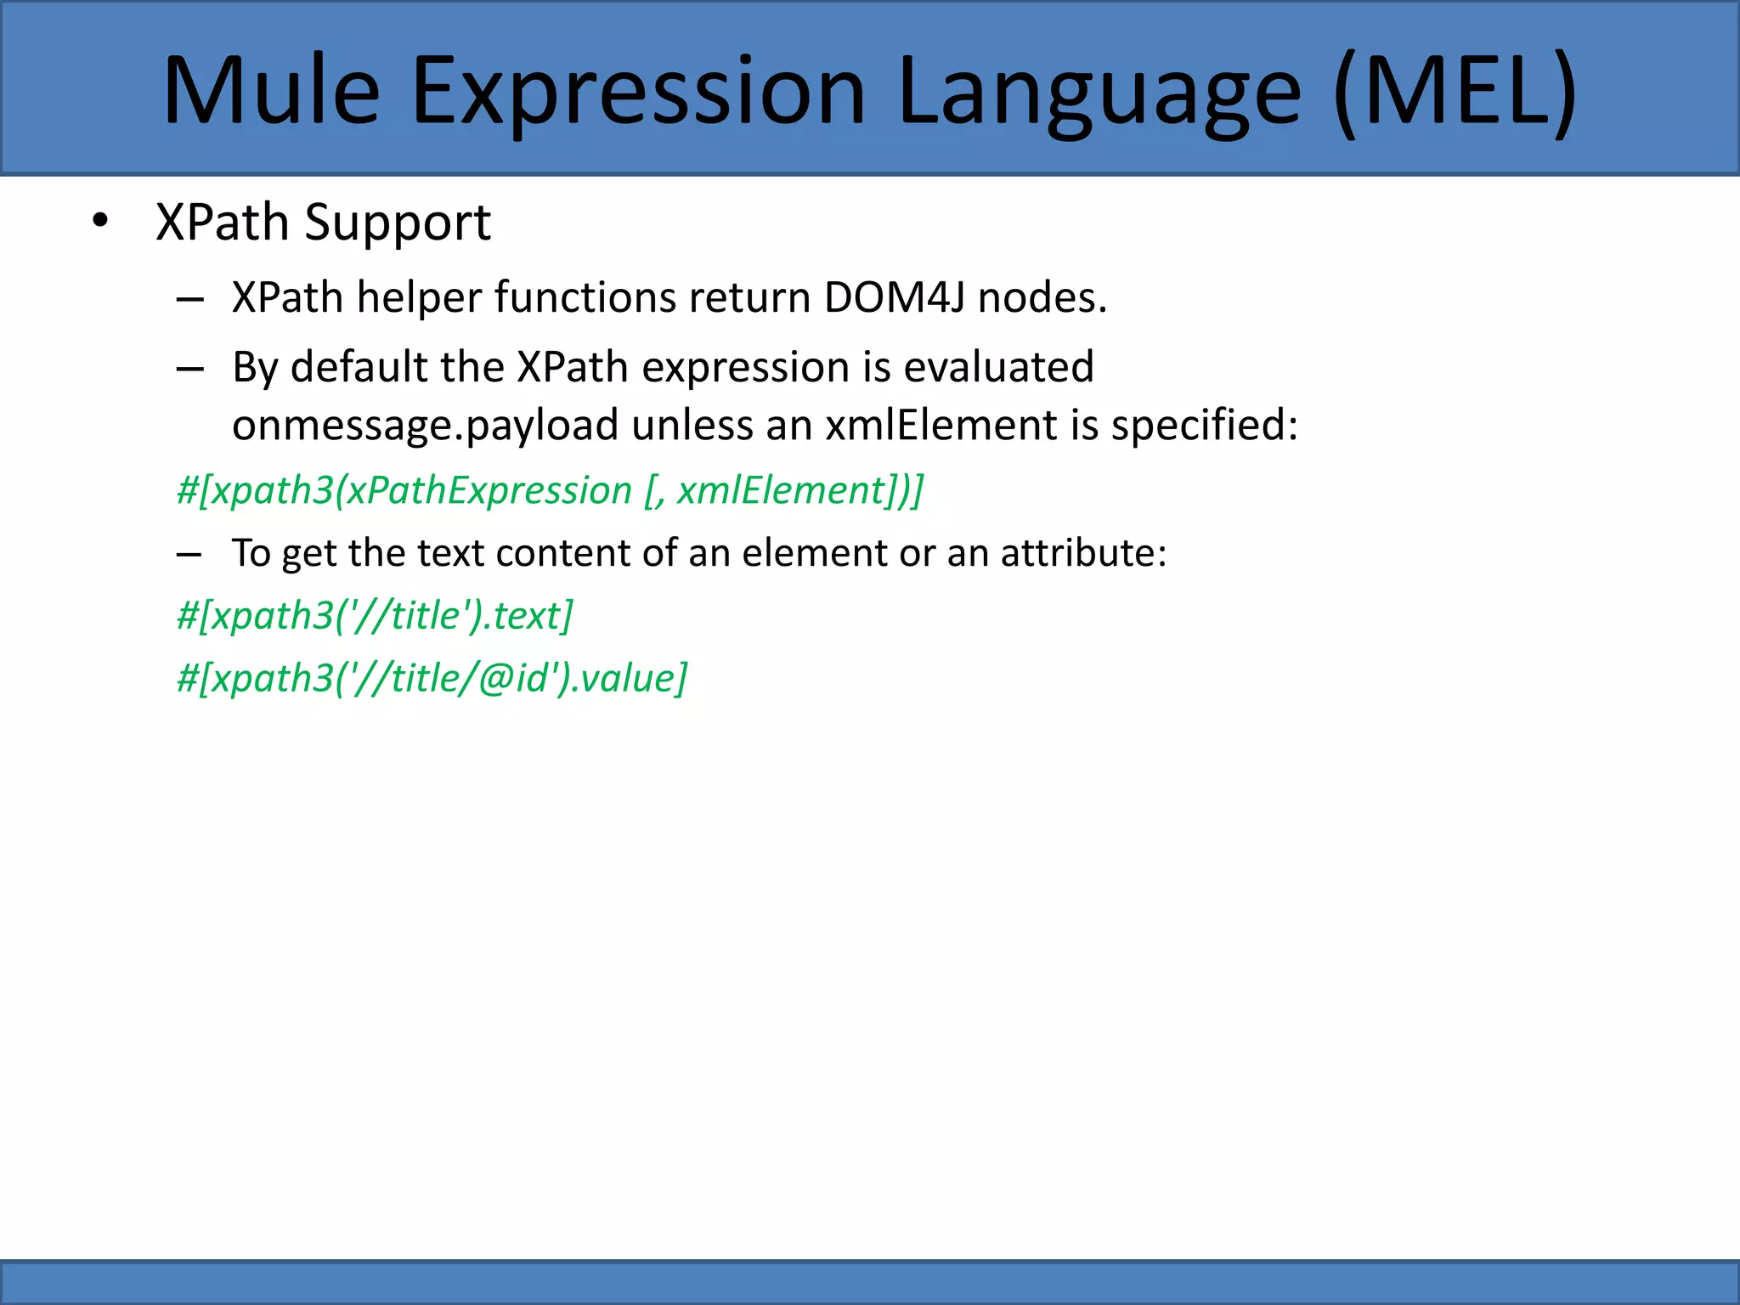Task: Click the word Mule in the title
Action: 271,92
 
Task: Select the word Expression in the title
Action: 637,92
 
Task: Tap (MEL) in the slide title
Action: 1455,92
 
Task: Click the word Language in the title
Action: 1098,92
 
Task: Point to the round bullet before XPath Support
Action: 101,222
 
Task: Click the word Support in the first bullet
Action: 398,223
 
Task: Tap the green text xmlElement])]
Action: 799,490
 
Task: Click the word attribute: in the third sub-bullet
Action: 1083,553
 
